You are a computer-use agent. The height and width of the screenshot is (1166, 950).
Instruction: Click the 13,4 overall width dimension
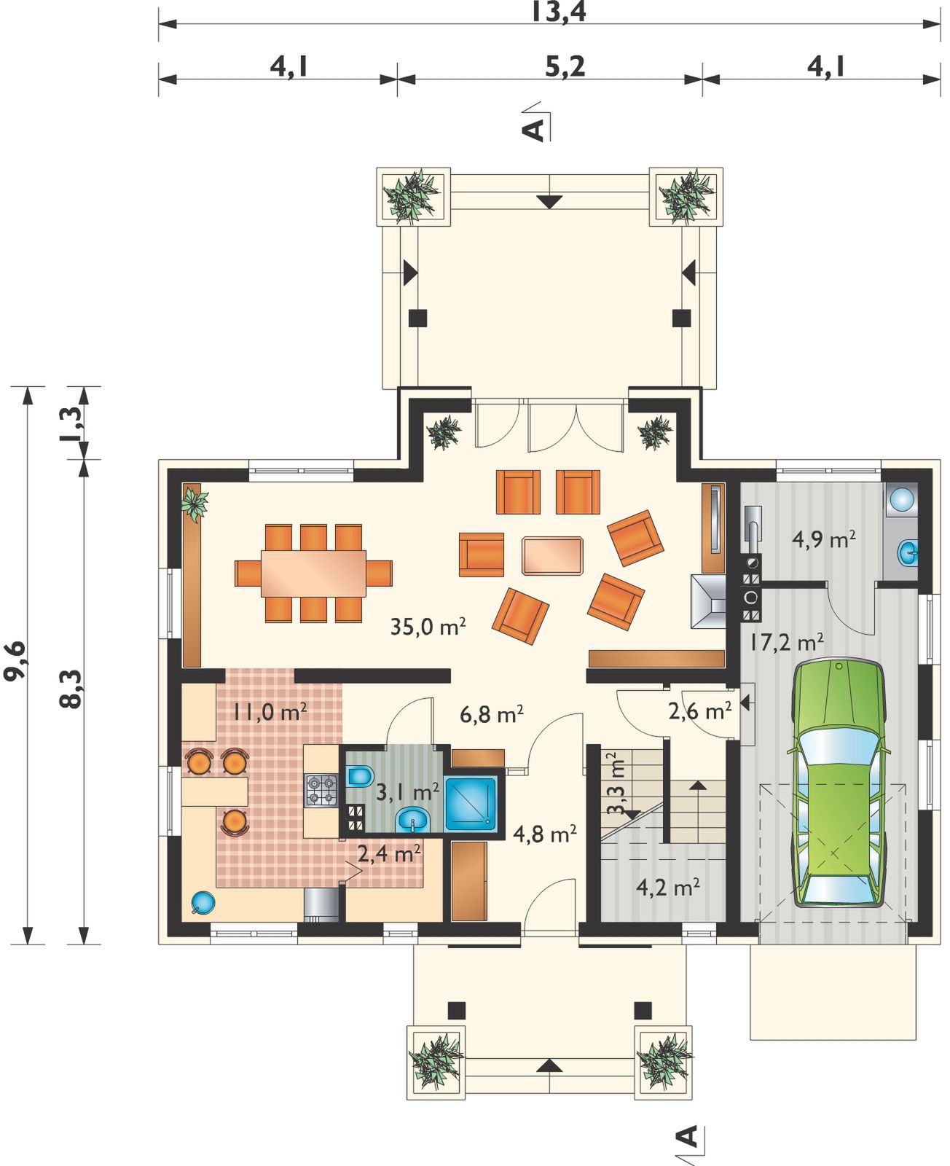[559, 12]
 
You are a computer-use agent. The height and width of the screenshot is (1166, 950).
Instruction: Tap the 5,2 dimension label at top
[565, 67]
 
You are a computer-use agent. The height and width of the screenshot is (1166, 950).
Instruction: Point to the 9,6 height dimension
[15, 660]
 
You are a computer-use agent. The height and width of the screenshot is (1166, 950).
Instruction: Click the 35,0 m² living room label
[428, 626]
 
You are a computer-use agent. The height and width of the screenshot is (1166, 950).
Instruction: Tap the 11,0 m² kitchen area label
[270, 712]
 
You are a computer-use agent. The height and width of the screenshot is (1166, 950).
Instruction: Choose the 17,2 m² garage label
[786, 641]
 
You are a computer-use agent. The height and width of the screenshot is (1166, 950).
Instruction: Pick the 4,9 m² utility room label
[823, 540]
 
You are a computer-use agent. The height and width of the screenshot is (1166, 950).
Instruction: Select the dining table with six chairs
[313, 573]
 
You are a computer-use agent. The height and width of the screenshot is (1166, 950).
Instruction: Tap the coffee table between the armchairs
[552, 555]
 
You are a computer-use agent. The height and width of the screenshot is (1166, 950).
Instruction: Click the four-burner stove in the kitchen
[321, 791]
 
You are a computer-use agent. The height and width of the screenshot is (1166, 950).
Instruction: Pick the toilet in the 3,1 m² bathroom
[360, 775]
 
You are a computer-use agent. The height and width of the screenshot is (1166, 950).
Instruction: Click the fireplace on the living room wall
[709, 600]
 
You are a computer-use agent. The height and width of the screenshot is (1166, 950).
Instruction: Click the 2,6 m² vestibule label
[700, 711]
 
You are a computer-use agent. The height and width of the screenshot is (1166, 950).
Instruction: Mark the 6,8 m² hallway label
[492, 714]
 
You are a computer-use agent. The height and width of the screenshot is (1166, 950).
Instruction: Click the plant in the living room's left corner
[195, 503]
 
